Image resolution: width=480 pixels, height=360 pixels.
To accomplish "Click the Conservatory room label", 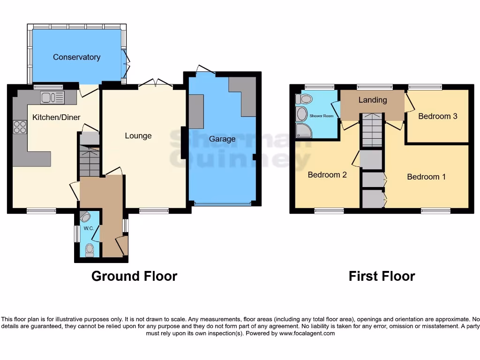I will (76, 57).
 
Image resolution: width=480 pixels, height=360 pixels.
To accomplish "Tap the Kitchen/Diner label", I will (56, 117).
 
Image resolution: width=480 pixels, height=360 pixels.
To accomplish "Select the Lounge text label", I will (138, 136).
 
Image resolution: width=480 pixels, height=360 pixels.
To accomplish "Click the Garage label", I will (222, 139).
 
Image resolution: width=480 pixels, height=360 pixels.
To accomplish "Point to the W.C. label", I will (89, 229).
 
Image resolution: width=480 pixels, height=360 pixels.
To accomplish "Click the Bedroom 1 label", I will (426, 177).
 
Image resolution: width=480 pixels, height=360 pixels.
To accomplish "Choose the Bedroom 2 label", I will (327, 175).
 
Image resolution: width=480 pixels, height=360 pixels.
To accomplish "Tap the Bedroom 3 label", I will (437, 116).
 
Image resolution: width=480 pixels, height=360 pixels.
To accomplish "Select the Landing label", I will (373, 100).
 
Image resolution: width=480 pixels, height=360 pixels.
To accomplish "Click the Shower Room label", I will (321, 115).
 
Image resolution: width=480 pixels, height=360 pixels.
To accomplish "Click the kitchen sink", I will (52, 97).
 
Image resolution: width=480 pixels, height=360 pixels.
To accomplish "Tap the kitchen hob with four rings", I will (20, 127).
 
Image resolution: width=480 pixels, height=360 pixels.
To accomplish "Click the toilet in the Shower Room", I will (305, 99).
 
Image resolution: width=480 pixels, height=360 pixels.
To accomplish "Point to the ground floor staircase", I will (90, 159).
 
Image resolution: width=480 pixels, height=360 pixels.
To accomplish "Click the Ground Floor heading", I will (134, 276).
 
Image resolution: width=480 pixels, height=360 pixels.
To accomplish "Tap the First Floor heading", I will (382, 276).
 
